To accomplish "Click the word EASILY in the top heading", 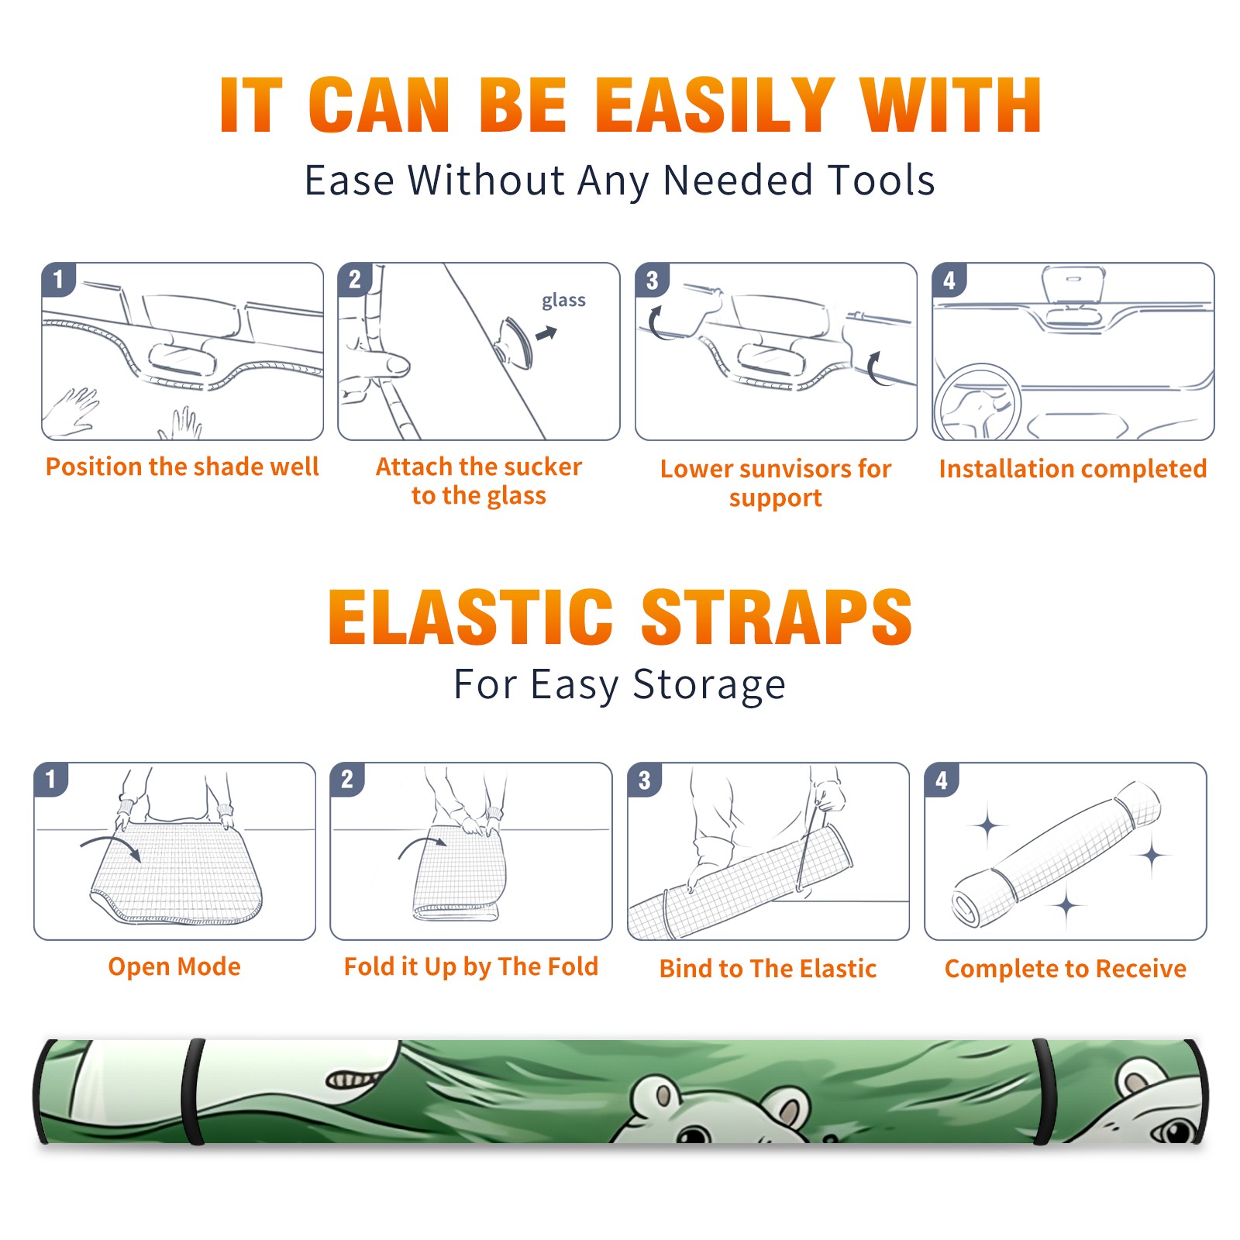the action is (714, 105).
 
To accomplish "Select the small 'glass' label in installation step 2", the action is (563, 301).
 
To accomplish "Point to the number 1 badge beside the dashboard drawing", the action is (58, 279).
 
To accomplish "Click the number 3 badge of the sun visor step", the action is (652, 280).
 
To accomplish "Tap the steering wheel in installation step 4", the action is (977, 403).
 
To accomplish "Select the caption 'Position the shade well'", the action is (182, 467).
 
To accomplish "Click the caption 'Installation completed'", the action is (1073, 469).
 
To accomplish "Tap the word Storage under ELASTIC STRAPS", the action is (709, 685).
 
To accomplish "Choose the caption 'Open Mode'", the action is (174, 966).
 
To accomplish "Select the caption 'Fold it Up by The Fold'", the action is (471, 966).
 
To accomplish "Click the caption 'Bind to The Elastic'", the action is (768, 969).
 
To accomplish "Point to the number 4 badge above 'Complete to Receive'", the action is (942, 780).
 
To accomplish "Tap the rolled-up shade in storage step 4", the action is (1057, 855).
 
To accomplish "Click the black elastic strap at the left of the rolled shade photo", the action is (193, 1091).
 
